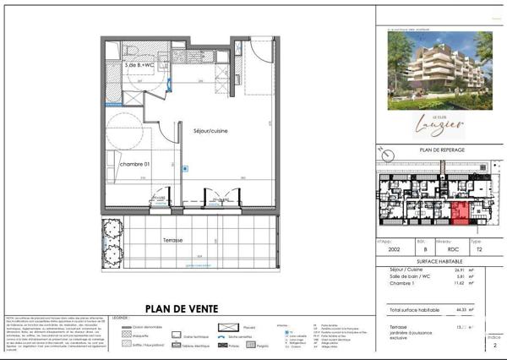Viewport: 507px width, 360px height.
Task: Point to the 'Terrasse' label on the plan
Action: [x=173, y=240]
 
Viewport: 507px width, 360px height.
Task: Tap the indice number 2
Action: [x=495, y=346]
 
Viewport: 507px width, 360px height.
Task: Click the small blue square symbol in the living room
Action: [x=185, y=168]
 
